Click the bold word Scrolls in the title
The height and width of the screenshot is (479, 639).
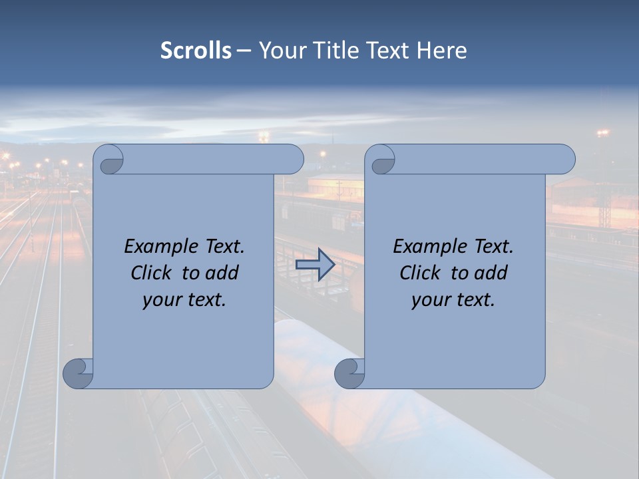196,50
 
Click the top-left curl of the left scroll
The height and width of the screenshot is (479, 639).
109,160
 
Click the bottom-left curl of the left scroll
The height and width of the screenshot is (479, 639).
78,373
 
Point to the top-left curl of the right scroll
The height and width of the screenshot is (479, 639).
381,160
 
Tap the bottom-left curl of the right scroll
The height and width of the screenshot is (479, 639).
349,373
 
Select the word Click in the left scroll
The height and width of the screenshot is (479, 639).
152,273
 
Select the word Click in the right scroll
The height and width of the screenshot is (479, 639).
420,273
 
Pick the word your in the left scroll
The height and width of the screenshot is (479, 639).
160,300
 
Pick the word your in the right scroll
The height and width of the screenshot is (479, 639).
429,300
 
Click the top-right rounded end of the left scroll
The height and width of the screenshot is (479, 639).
293,160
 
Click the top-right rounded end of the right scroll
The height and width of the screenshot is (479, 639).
564,160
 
